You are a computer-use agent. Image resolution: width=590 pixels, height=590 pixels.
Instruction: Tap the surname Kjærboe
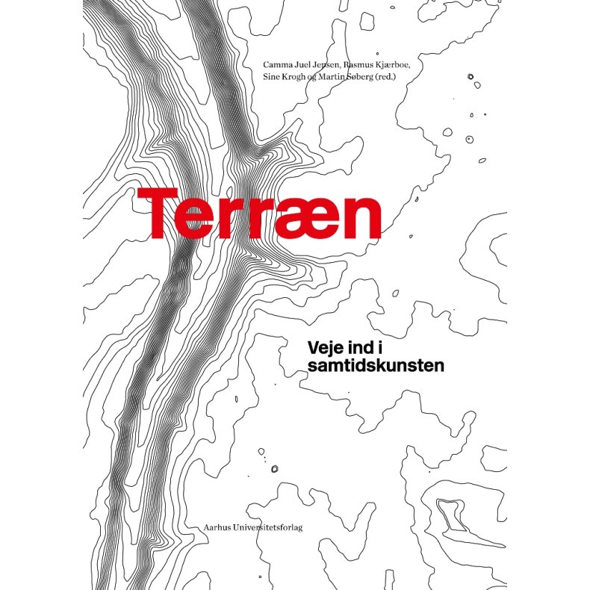pos(399,65)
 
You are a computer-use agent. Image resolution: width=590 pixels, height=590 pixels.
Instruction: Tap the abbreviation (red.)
pos(401,78)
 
